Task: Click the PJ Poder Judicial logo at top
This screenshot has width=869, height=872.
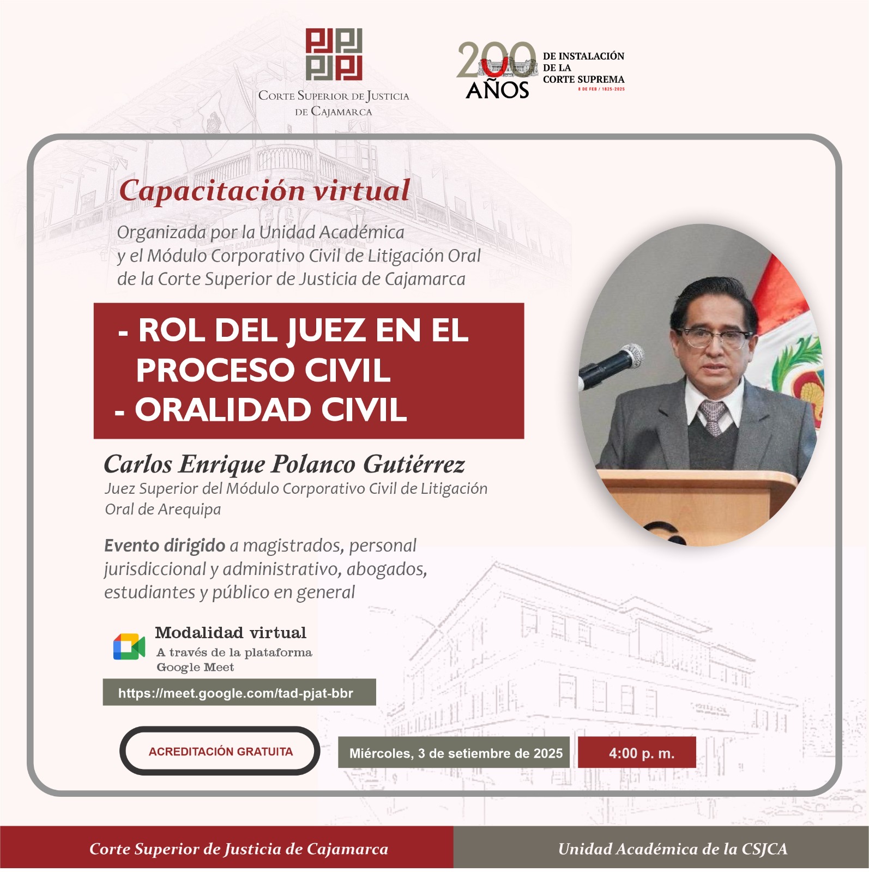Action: point(334,55)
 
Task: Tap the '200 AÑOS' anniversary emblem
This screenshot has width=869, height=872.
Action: point(497,71)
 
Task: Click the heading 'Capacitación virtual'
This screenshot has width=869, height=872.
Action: point(264,191)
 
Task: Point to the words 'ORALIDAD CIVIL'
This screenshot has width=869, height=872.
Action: point(271,409)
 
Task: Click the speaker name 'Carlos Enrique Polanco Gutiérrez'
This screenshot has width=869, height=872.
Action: point(284,464)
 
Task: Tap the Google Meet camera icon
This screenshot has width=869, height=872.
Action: point(129,647)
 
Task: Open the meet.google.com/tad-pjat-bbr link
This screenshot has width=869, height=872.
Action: point(236,693)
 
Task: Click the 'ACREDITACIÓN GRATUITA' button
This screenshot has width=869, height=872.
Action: point(220,751)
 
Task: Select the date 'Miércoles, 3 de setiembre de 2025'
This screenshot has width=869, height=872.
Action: point(456,753)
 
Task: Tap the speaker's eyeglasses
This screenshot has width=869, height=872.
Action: point(714,338)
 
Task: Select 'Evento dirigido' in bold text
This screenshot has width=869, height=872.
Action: point(165,546)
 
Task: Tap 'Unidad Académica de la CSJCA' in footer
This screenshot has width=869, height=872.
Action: point(673,849)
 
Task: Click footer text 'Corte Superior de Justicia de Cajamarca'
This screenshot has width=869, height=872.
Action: point(239,849)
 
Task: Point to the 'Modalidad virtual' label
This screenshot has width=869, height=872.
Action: point(231,633)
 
